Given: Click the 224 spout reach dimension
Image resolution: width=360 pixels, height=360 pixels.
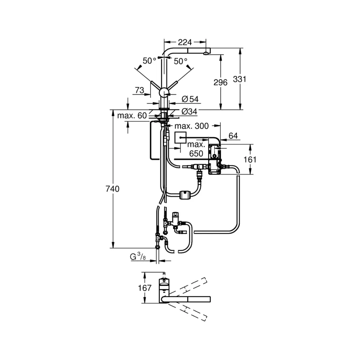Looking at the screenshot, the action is click(x=185, y=42).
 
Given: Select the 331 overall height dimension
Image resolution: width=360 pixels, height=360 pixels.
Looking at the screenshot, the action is click(x=239, y=79).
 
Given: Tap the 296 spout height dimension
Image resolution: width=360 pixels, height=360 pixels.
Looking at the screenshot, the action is click(x=220, y=82).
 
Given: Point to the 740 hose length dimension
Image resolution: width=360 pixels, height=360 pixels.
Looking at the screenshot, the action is click(x=112, y=189).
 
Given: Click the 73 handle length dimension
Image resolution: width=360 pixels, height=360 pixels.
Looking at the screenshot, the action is click(x=139, y=90).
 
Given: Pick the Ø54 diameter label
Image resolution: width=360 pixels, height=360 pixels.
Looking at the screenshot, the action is click(x=190, y=99).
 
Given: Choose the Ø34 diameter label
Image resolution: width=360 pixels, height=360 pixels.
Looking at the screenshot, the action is click(x=189, y=112).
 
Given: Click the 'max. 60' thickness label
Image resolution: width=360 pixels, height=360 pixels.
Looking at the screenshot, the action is click(x=132, y=116).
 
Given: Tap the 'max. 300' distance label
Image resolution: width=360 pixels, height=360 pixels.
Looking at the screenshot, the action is click(x=192, y=126).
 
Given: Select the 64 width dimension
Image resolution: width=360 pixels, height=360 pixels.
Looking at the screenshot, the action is click(x=233, y=136).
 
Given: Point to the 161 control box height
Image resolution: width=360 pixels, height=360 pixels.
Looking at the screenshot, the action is click(x=250, y=159).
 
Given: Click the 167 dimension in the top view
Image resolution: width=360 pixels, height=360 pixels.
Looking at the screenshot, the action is click(x=145, y=288).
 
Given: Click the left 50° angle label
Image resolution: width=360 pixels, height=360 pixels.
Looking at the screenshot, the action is click(x=149, y=61).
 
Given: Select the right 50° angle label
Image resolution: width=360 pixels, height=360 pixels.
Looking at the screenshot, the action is click(x=180, y=61).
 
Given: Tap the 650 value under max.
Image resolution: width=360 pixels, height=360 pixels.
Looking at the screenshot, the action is click(x=196, y=154).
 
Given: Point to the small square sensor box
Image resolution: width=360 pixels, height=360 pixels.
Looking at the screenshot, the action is click(x=180, y=138).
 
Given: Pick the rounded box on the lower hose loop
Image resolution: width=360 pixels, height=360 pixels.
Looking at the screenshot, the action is click(x=185, y=195).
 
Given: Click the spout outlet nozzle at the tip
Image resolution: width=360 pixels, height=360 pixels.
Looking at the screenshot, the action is click(x=206, y=54).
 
